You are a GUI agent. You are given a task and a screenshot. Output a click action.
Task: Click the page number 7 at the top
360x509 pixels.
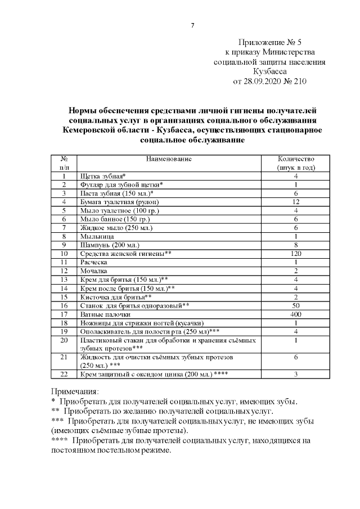[192, 25]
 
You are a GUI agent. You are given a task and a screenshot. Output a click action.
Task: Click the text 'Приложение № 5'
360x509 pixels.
[270, 42]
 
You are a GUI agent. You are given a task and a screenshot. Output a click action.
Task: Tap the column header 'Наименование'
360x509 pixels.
[169, 159]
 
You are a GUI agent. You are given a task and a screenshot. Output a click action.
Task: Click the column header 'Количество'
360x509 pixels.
[296, 159]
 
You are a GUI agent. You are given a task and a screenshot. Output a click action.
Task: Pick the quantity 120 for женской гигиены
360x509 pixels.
[296, 254]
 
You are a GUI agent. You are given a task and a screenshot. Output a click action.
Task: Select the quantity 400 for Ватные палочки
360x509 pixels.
[296, 314]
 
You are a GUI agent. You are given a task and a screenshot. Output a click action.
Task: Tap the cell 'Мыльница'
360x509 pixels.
[97, 237]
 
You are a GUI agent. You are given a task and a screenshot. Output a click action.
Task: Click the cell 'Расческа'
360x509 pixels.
[95, 263]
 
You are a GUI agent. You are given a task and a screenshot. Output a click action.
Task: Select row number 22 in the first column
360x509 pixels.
[65, 375]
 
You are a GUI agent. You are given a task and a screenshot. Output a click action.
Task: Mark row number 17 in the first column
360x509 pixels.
[65, 314]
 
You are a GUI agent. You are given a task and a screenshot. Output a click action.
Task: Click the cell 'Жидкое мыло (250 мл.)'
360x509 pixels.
[116, 228]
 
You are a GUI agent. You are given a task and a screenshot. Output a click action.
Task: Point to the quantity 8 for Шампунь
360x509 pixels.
[296, 245]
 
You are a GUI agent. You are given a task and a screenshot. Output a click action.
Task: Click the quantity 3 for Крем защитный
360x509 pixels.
[296, 375]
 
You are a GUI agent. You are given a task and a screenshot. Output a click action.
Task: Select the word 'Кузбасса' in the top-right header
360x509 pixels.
[270, 71]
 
